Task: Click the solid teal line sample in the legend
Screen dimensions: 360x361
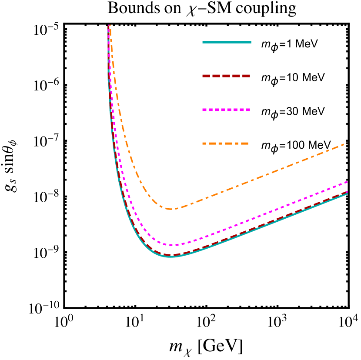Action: click(227, 42)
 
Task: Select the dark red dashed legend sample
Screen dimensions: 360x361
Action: click(227, 76)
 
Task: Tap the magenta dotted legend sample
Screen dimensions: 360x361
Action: click(227, 110)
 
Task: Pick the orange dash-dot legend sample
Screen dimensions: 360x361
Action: click(226, 143)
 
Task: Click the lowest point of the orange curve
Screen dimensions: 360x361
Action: click(172, 209)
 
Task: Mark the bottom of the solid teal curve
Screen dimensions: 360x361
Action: click(171, 257)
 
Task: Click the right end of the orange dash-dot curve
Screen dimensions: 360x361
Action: click(344, 144)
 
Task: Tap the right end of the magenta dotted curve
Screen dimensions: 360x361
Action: click(347, 182)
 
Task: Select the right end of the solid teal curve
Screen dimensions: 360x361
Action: click(347, 194)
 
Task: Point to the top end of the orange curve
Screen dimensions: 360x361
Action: click(110, 26)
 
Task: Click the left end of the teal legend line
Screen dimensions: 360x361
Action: click(203, 42)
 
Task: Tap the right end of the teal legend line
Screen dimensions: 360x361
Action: click(251, 42)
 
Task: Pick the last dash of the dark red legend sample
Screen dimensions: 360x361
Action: click(246, 76)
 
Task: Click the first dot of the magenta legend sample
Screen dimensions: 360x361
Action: click(204, 110)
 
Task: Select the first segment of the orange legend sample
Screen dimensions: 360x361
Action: click(206, 143)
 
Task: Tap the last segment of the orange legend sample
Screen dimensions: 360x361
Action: click(244, 143)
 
